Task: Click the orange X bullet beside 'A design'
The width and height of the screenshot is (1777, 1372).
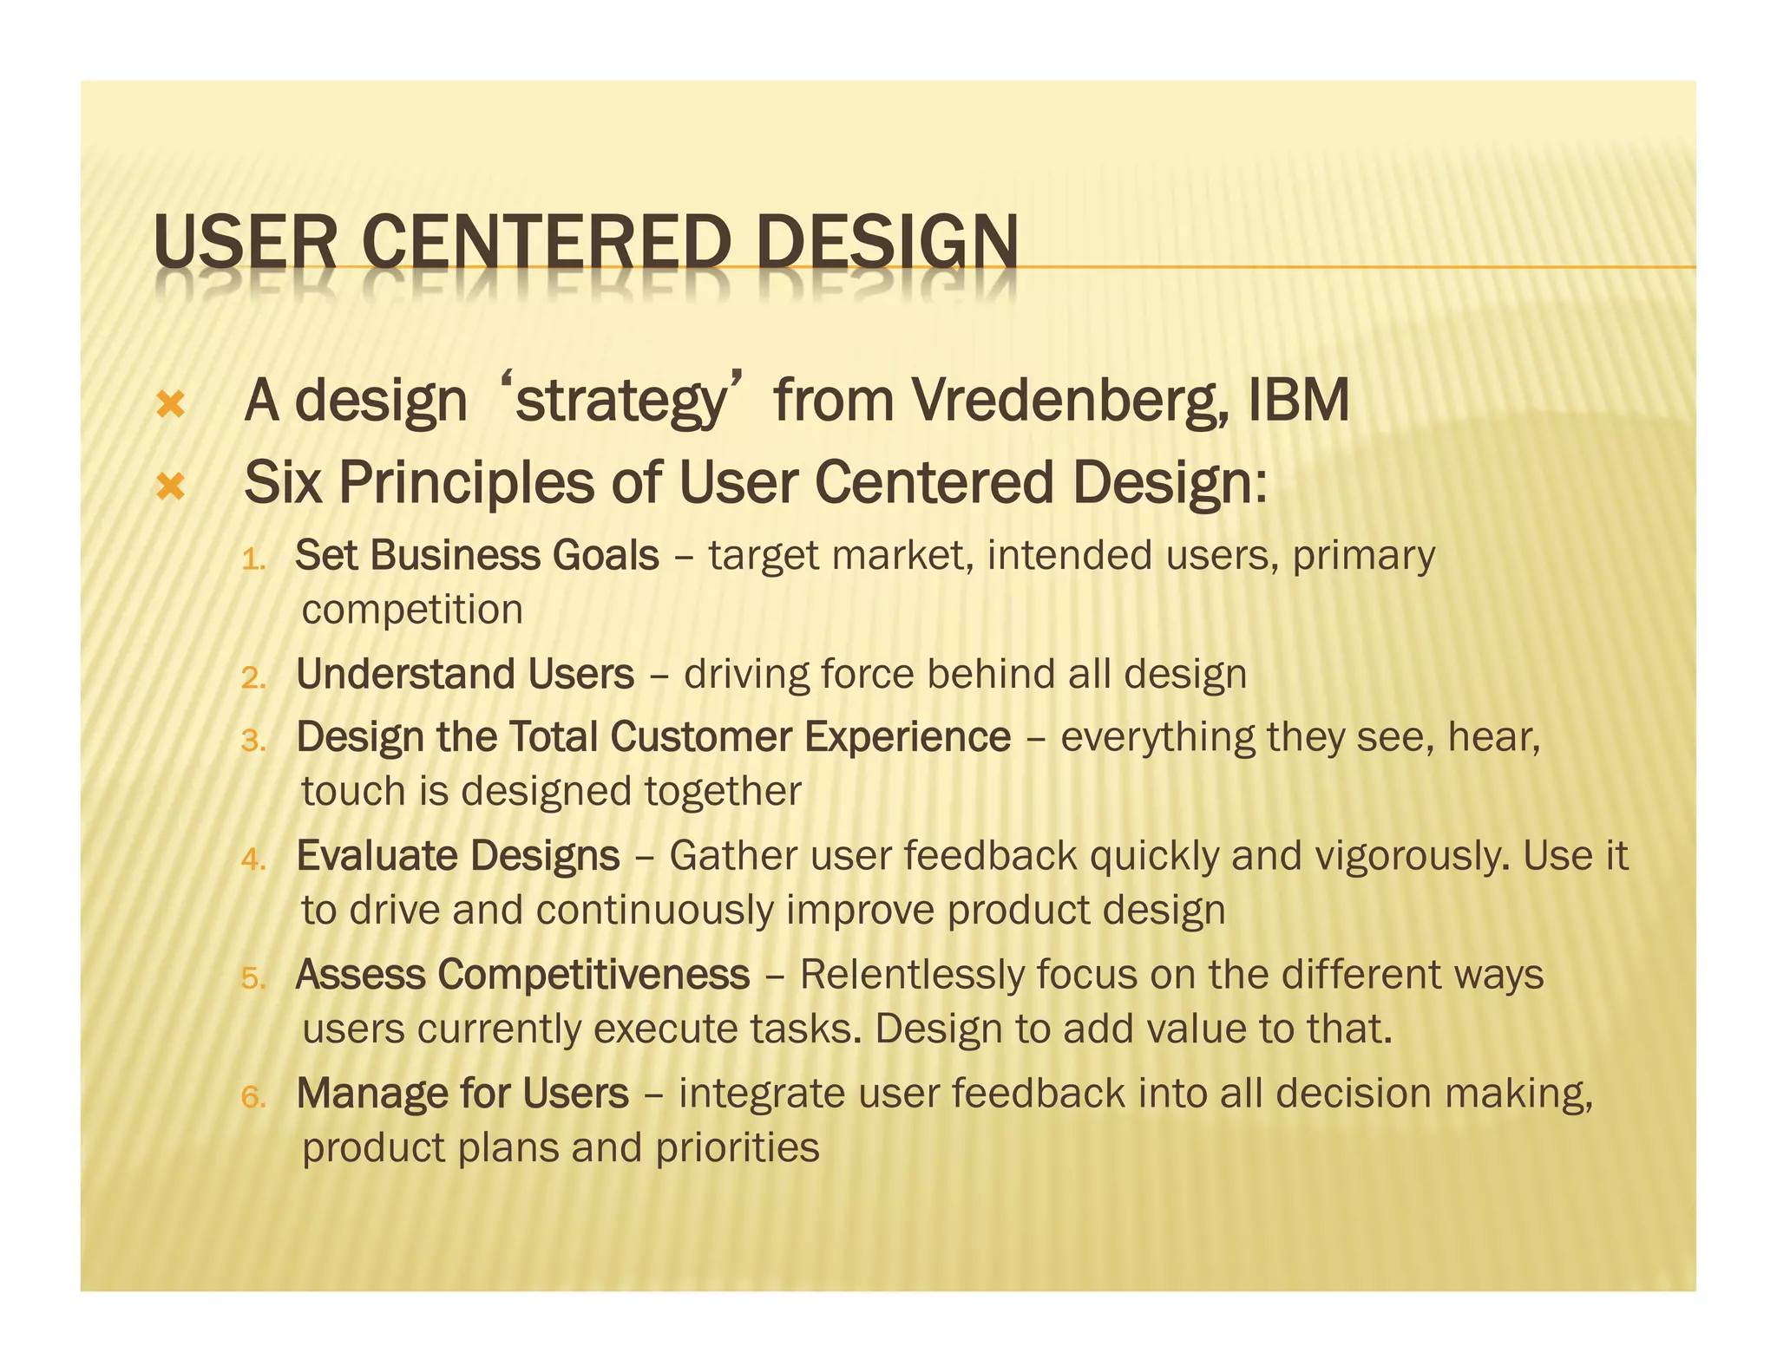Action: point(171,405)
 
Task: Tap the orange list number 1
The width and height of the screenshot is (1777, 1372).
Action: point(252,560)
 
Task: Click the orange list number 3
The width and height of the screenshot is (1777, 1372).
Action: point(252,742)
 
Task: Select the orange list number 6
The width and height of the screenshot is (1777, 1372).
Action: point(252,1098)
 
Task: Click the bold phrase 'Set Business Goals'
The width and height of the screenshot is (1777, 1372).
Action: point(476,556)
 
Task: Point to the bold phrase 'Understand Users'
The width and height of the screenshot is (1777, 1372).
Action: point(465,675)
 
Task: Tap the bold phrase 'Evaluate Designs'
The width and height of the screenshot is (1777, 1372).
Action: point(458,856)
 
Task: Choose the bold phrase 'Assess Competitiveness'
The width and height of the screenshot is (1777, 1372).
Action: point(522,975)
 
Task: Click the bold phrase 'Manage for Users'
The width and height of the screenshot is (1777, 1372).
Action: point(462,1094)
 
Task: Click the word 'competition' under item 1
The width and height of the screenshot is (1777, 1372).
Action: point(412,611)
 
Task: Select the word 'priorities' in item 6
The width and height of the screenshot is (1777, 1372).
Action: point(738,1148)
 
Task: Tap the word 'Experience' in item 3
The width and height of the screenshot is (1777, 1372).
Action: point(907,737)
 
